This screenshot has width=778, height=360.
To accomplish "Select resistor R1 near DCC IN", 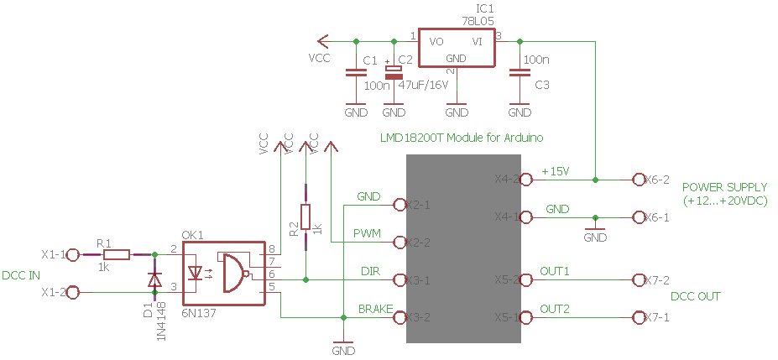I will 117,254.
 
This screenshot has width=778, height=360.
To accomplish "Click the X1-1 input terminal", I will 73,254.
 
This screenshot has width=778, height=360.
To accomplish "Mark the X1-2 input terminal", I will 73,292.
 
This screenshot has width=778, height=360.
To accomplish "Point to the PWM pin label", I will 368,232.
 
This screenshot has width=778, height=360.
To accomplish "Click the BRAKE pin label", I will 376,309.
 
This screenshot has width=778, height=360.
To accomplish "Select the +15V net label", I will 556,171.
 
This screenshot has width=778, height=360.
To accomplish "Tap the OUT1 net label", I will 555,271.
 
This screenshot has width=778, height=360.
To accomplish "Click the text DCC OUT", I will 696,296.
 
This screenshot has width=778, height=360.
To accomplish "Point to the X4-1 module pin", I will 526,217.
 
